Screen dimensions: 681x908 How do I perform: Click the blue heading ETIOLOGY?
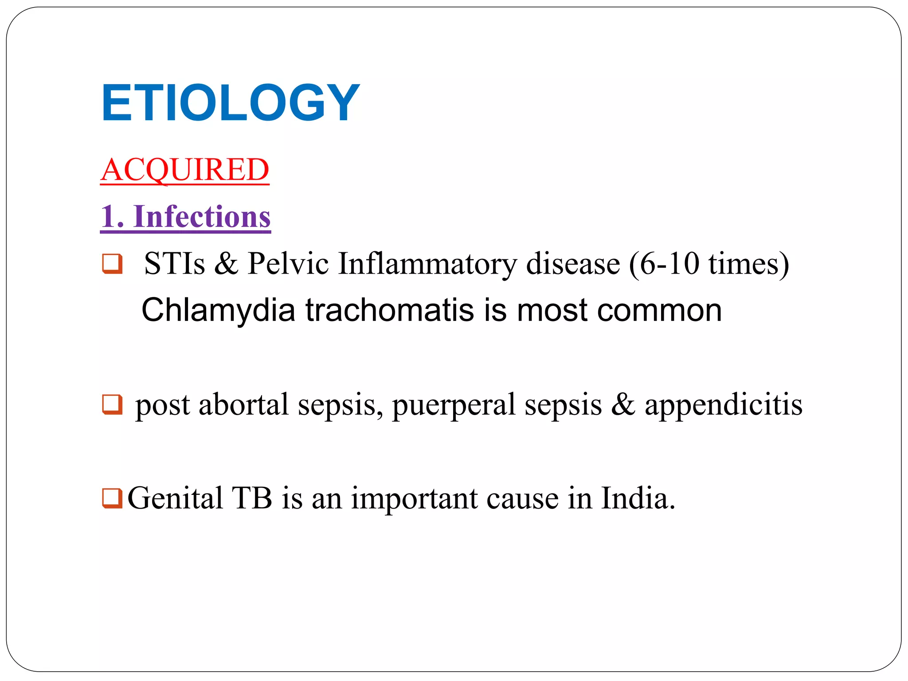click(230, 103)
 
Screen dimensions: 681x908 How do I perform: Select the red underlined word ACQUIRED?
click(185, 170)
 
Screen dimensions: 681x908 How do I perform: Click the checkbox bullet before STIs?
click(112, 263)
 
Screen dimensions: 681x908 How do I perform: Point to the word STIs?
click(175, 263)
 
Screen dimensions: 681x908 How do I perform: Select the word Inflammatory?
click(427, 264)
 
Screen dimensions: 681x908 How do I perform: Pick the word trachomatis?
click(390, 310)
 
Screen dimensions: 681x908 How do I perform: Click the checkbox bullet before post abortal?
click(112, 404)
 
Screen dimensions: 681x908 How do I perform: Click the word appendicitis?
click(724, 404)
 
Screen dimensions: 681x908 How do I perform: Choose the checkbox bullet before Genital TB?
click(112, 498)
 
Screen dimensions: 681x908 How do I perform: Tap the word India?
click(638, 498)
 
